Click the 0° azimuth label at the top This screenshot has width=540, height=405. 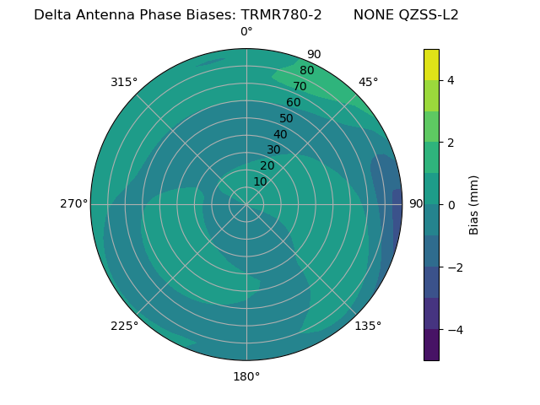[x=246, y=32]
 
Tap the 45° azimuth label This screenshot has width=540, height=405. [x=368, y=82]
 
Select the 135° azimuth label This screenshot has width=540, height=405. [x=368, y=326]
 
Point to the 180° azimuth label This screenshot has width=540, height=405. [x=246, y=376]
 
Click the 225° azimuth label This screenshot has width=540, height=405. [x=124, y=326]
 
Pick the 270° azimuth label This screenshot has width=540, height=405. [x=74, y=204]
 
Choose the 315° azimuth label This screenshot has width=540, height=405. [x=124, y=82]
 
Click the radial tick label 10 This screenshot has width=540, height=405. [x=260, y=181]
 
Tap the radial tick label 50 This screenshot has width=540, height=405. [x=287, y=118]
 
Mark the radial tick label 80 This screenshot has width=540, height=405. [x=307, y=70]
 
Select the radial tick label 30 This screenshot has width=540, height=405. [x=273, y=149]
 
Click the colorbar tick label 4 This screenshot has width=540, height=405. [x=451, y=80]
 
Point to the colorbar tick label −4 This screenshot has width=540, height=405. [x=454, y=329]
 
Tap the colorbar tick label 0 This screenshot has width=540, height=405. [x=451, y=205]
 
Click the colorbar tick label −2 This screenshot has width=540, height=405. [x=454, y=267]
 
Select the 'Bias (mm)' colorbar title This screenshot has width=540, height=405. [x=474, y=204]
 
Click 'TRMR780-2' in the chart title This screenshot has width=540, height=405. [x=281, y=14]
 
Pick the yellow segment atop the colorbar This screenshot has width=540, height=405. [x=431, y=64]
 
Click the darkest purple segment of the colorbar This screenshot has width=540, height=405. [x=431, y=344]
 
